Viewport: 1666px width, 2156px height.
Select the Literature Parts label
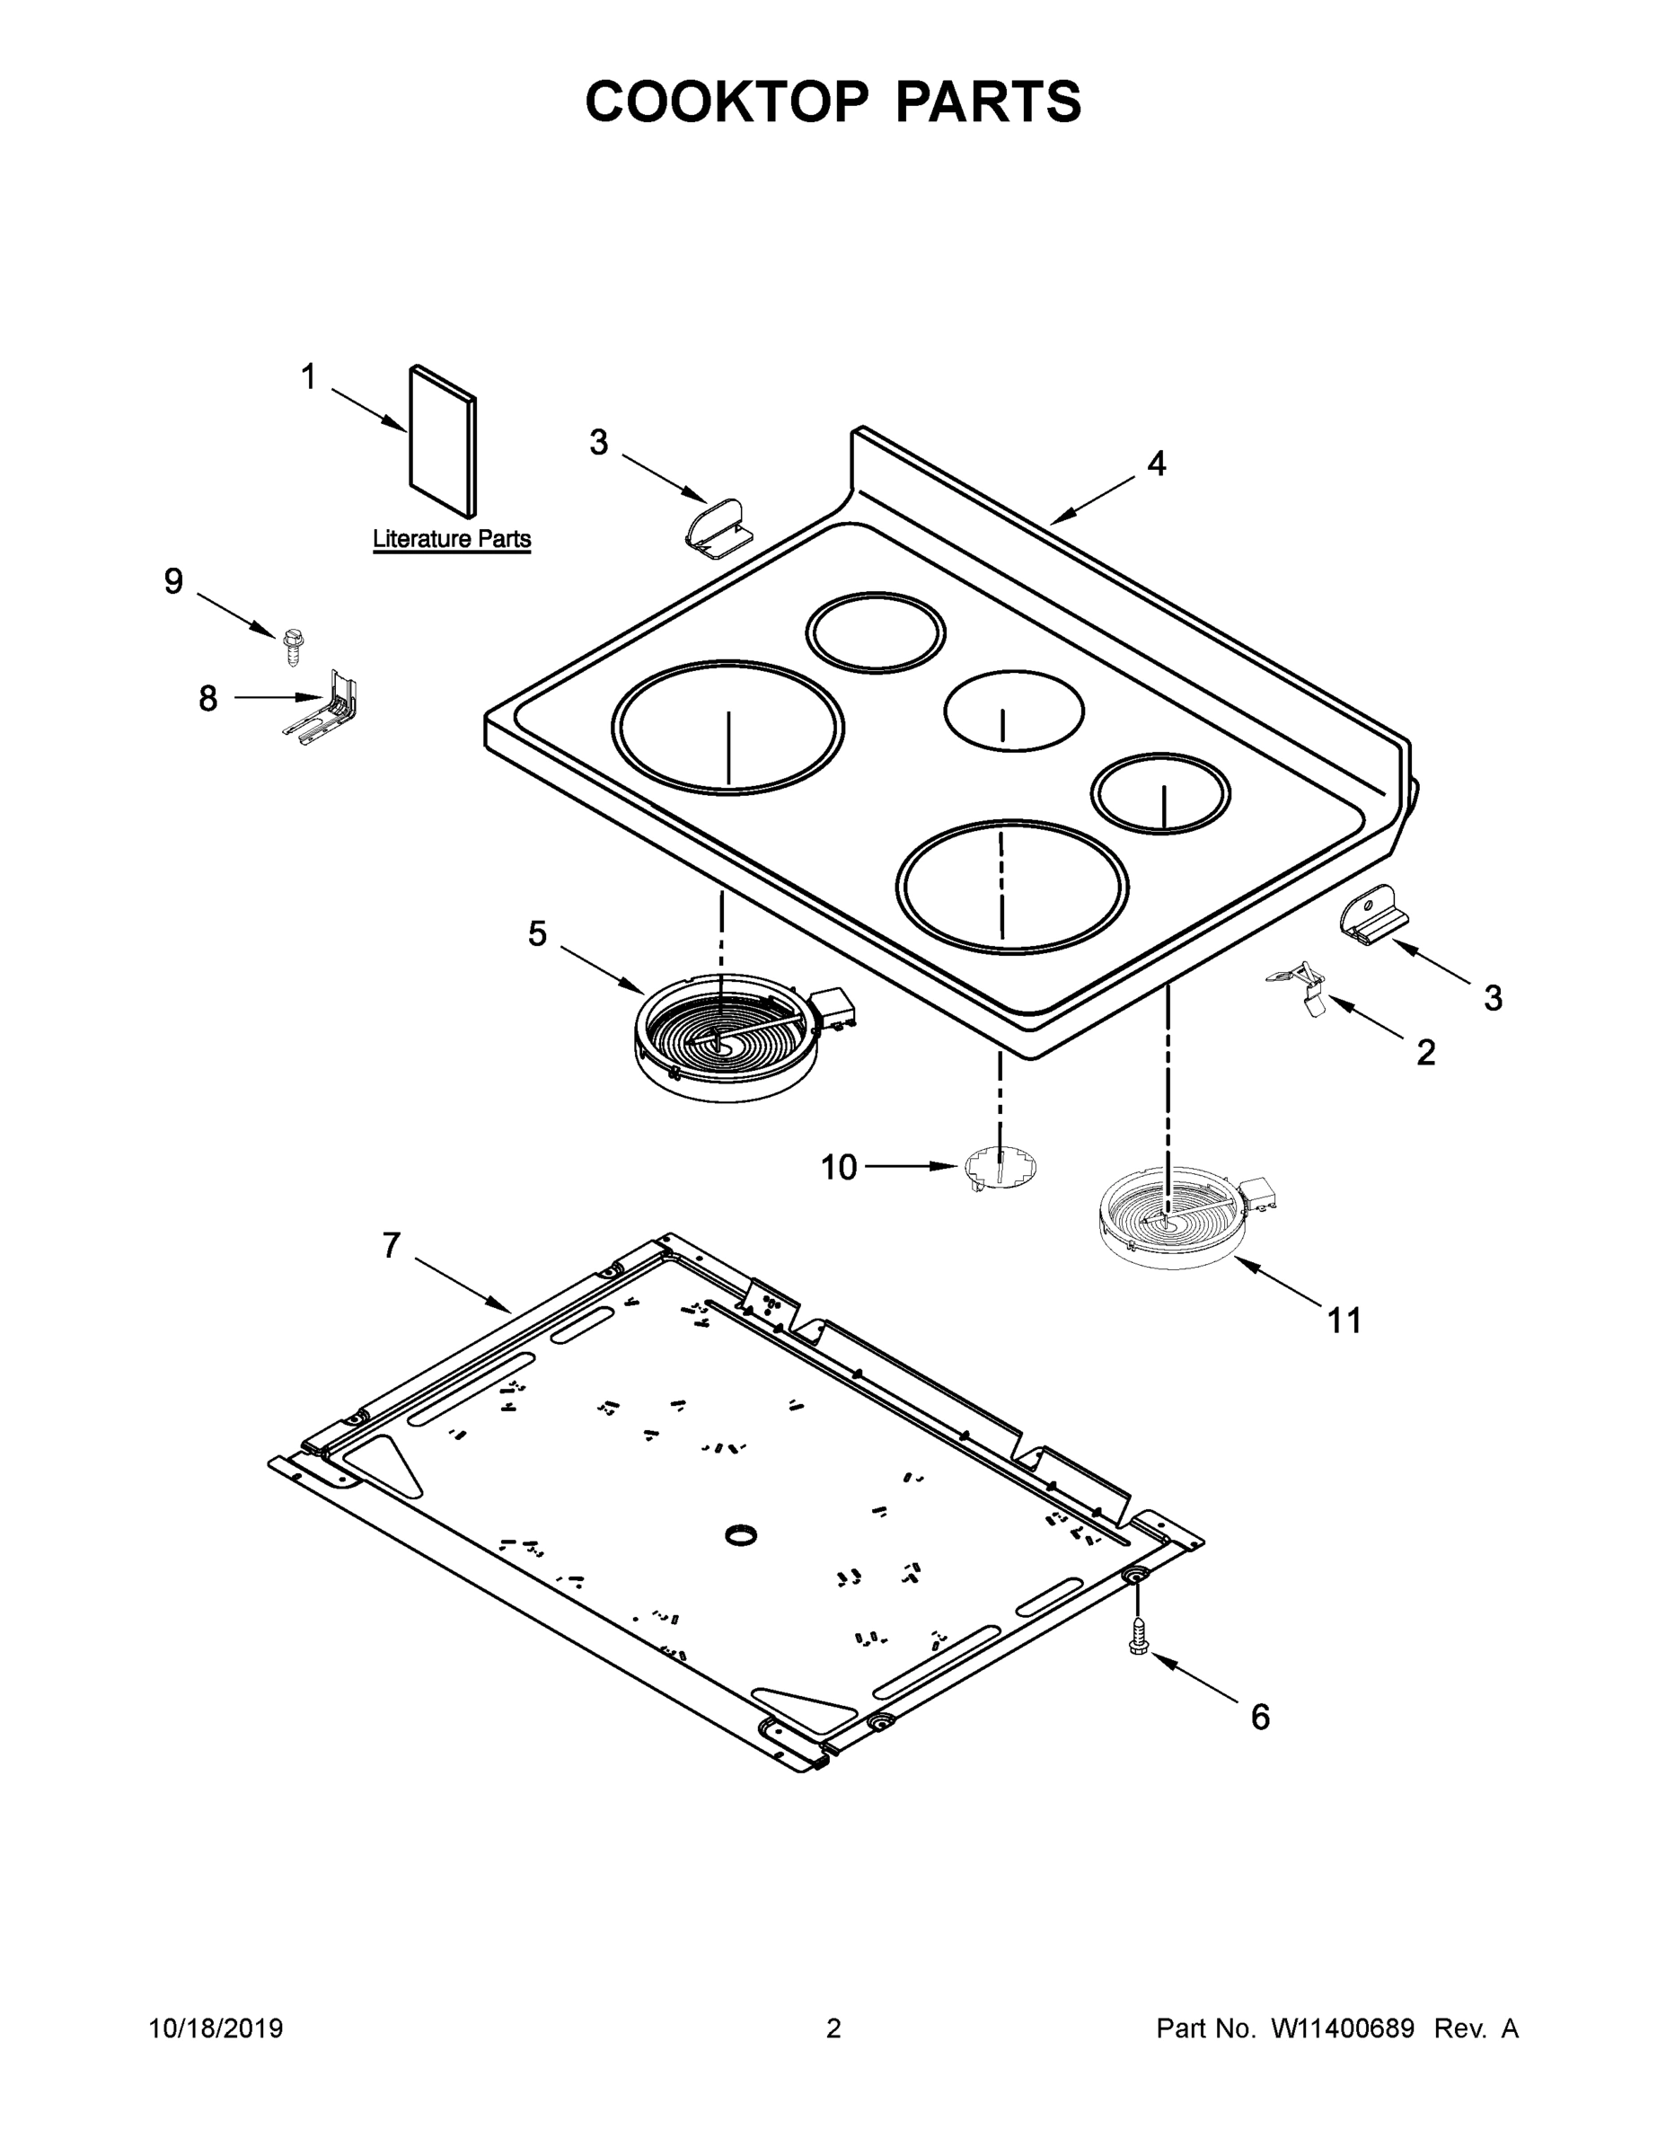(x=451, y=539)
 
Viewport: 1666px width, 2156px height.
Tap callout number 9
(x=173, y=581)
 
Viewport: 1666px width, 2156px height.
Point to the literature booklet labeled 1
(x=442, y=441)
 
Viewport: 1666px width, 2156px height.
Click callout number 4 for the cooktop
(x=1157, y=463)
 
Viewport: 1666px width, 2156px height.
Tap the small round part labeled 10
(x=1000, y=1167)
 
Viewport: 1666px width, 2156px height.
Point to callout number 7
(x=392, y=1246)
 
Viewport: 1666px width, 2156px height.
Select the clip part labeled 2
(x=1300, y=988)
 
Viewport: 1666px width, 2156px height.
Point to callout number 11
(x=1344, y=1320)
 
